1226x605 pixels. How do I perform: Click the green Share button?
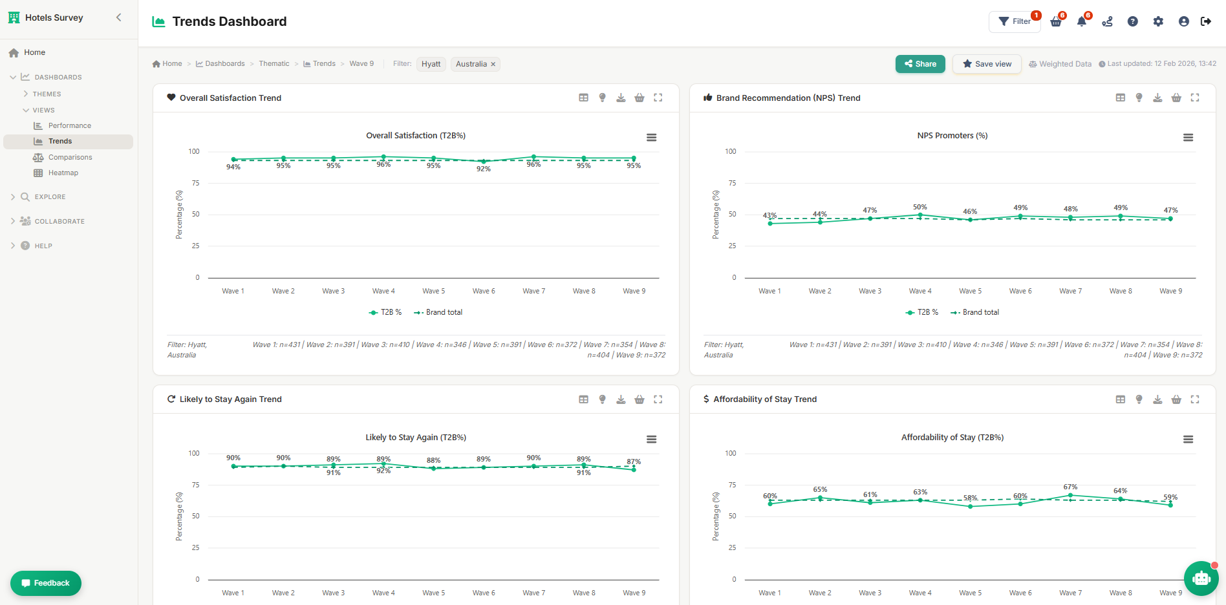(920, 64)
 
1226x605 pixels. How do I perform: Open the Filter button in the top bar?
(1015, 21)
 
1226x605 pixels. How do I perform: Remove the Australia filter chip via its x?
(493, 64)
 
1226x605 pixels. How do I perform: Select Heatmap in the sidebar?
(63, 173)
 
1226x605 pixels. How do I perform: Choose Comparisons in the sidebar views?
(70, 157)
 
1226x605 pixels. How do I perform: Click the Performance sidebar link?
(69, 125)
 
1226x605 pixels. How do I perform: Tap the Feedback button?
(46, 583)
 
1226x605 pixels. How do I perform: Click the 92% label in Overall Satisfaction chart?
(484, 169)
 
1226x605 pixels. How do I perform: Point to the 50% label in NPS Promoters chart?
(920, 207)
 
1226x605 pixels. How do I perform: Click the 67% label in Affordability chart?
(1070, 487)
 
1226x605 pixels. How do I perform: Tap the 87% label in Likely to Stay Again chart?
(634, 462)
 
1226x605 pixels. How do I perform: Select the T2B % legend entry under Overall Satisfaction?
(385, 312)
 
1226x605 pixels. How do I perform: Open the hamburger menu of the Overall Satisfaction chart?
(651, 138)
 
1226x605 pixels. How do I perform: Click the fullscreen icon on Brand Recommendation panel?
(1195, 98)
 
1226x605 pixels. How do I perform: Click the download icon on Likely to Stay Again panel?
(621, 399)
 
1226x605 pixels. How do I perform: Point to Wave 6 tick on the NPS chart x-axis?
(1020, 291)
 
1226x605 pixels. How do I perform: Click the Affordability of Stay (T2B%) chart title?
(952, 438)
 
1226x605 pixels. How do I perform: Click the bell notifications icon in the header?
(1081, 21)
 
